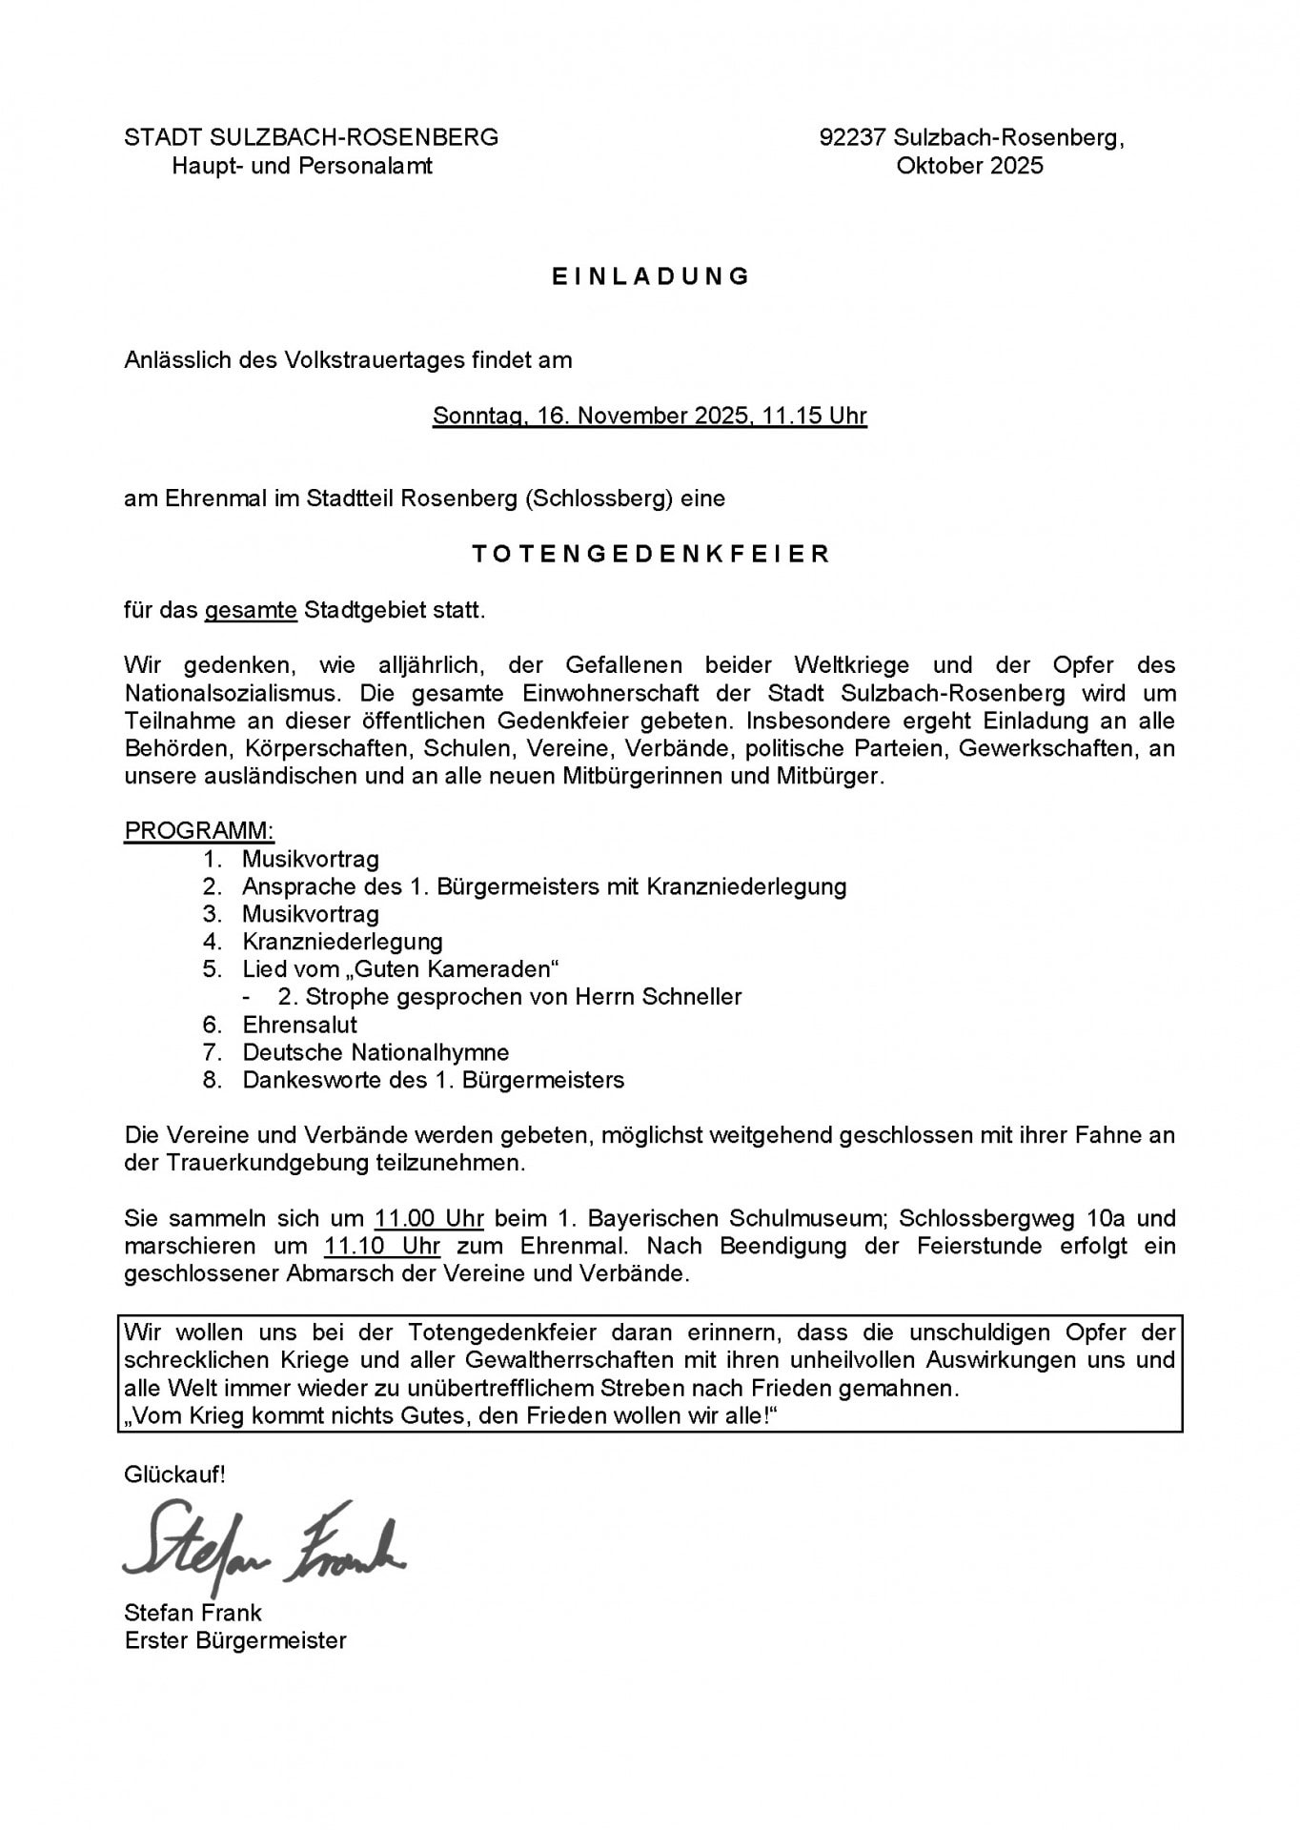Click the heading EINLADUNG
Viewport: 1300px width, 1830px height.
tap(651, 276)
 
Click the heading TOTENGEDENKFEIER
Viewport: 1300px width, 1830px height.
tap(651, 554)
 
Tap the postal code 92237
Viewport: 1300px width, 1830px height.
tap(853, 138)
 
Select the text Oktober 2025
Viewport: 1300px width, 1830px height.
tap(969, 166)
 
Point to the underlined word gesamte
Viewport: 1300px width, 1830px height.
tap(251, 610)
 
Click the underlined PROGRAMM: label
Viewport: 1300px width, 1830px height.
tap(199, 831)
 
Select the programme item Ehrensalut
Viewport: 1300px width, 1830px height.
tap(299, 1025)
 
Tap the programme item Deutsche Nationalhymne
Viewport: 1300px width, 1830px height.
tap(376, 1052)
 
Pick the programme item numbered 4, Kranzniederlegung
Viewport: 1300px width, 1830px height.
tap(342, 942)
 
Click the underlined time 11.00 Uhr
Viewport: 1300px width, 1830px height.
tap(429, 1218)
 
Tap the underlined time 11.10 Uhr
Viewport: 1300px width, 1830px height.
tap(382, 1246)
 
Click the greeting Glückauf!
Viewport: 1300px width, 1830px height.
tap(174, 1475)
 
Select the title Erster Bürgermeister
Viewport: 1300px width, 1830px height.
tap(235, 1640)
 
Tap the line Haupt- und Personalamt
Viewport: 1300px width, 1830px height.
tap(302, 166)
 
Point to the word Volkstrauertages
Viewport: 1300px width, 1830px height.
tap(376, 360)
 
